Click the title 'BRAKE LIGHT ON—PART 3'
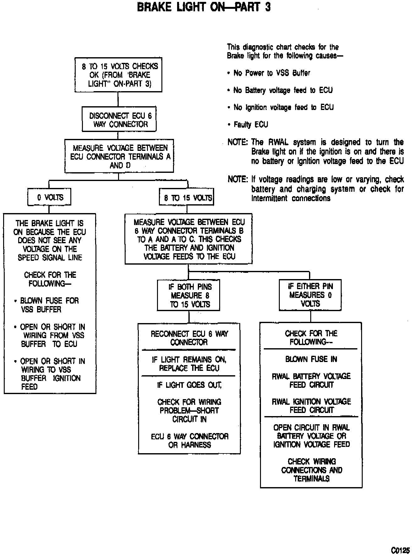(x=204, y=7)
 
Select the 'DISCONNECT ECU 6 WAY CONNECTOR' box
(x=119, y=120)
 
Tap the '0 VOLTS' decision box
(x=50, y=197)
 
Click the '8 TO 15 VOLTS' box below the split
(x=187, y=197)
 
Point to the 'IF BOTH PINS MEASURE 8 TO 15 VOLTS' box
(x=189, y=295)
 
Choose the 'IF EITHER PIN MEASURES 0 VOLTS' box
(x=310, y=295)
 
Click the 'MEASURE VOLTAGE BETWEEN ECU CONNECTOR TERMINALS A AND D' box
(x=119, y=157)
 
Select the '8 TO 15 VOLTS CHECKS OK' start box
(x=119, y=75)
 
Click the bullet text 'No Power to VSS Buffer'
(x=271, y=73)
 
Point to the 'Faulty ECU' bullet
(x=251, y=124)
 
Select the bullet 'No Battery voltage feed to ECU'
(x=283, y=91)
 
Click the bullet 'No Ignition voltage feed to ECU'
(x=283, y=107)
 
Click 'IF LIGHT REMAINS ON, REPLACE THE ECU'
(x=189, y=364)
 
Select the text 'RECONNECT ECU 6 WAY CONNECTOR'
(x=189, y=338)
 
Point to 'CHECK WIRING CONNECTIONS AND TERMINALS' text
(x=312, y=470)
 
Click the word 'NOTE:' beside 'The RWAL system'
(x=238, y=142)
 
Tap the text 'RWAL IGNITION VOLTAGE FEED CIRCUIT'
(x=311, y=406)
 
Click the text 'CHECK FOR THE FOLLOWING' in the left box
(x=50, y=279)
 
